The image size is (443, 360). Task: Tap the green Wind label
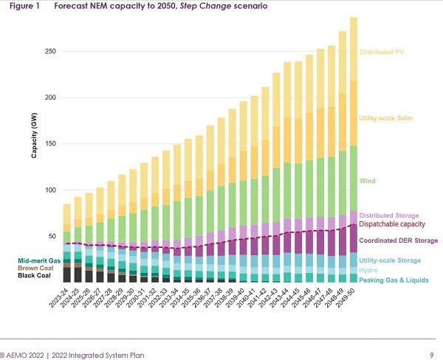pyautogui.click(x=367, y=181)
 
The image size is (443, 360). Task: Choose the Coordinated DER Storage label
pyautogui.click(x=399, y=240)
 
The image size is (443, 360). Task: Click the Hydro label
pyautogui.click(x=368, y=270)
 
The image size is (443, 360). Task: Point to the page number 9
pyautogui.click(x=430, y=355)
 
